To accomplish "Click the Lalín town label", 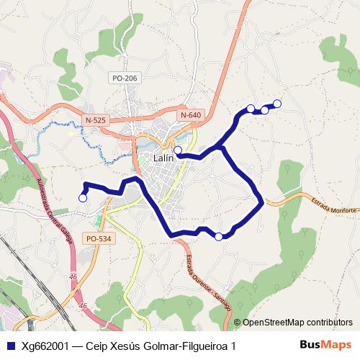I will [x=164, y=158].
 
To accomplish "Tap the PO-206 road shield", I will [x=125, y=78].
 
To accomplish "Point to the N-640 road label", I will [x=191, y=115].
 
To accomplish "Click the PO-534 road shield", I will [x=98, y=238].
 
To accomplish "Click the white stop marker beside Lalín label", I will [x=178, y=150].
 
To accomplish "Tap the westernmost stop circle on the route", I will [x=83, y=197].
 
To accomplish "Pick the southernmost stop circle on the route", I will [x=219, y=236].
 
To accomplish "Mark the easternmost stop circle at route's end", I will [x=277, y=104].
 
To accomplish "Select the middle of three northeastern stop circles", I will [x=264, y=109].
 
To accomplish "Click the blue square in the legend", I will [x=10, y=346].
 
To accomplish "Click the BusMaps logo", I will [x=325, y=345].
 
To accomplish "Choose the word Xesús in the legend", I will [x=130, y=346].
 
